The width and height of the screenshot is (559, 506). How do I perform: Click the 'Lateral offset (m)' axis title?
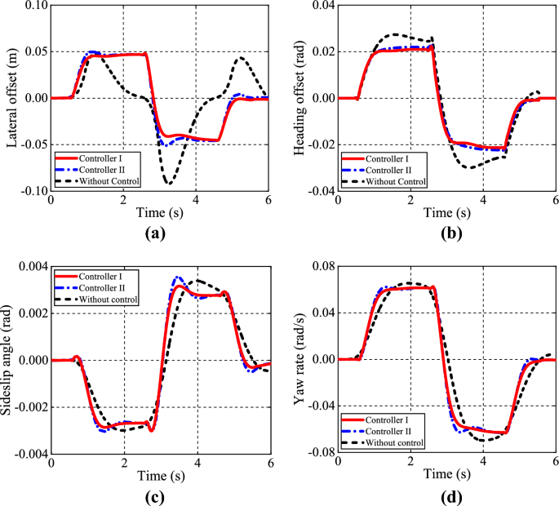pyautogui.click(x=12, y=98)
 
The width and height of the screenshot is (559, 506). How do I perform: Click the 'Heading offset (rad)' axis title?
pyautogui.click(x=303, y=98)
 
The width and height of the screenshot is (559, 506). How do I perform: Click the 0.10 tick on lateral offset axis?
pyautogui.click(x=33, y=6)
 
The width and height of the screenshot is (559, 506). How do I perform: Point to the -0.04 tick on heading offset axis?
pyautogui.click(x=322, y=192)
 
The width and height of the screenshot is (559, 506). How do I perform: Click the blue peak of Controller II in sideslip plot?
pyautogui.click(x=176, y=278)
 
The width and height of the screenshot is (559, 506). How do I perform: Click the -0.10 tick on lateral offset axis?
pyautogui.click(x=31, y=192)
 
